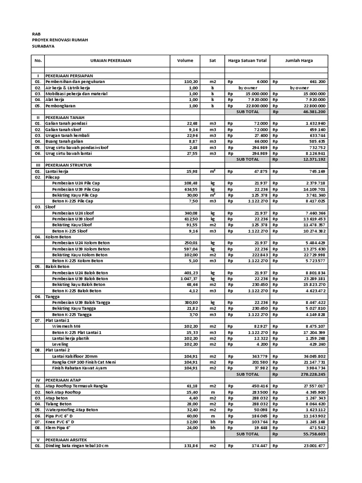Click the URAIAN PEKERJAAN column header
111,61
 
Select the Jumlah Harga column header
299,61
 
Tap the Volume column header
185,61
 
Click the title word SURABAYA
42,47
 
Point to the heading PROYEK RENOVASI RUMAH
60,41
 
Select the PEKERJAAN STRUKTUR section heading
68,165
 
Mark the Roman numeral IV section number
38,380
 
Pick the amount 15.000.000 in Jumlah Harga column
312,94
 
